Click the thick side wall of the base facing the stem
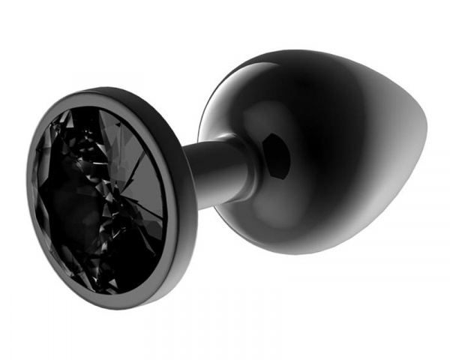(x=180, y=225)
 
